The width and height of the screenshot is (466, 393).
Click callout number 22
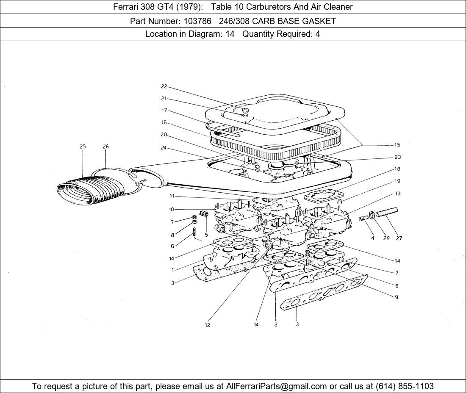coord(164,87)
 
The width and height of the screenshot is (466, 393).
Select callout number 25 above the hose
coord(82,147)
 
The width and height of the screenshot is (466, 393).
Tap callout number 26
coord(105,147)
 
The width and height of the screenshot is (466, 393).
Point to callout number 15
coord(397,145)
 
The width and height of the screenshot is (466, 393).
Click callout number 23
coord(397,157)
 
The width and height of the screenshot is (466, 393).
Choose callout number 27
coord(399,238)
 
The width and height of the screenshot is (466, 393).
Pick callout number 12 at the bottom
coord(208,325)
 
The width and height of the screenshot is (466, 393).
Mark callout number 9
coord(397,297)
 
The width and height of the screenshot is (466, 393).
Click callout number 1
coord(172,270)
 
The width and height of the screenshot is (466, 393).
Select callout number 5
coord(206,234)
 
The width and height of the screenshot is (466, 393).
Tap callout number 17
coord(164,111)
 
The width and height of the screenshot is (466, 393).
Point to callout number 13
coord(397,193)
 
